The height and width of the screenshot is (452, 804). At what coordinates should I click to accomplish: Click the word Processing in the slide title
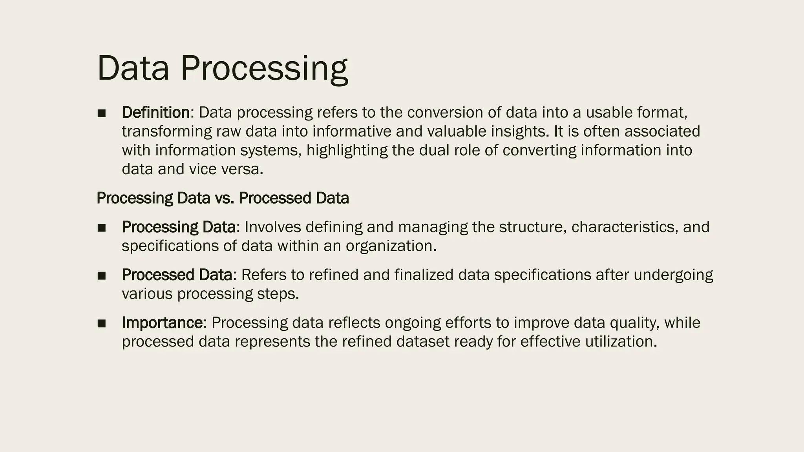[264, 69]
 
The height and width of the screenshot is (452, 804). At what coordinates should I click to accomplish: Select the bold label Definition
[155, 113]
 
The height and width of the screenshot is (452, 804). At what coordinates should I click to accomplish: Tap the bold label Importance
[163, 323]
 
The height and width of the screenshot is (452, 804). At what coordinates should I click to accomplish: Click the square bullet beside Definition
[102, 113]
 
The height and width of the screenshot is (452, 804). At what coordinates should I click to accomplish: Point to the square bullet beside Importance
[102, 324]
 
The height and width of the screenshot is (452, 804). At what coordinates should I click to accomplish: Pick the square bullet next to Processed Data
[102, 276]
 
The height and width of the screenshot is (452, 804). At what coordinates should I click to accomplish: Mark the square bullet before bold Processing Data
[102, 228]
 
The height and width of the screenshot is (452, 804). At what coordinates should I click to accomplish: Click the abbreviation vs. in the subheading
[224, 198]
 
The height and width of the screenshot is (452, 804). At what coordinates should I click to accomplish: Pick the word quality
[634, 323]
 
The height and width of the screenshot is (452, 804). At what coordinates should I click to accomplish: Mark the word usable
[609, 113]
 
